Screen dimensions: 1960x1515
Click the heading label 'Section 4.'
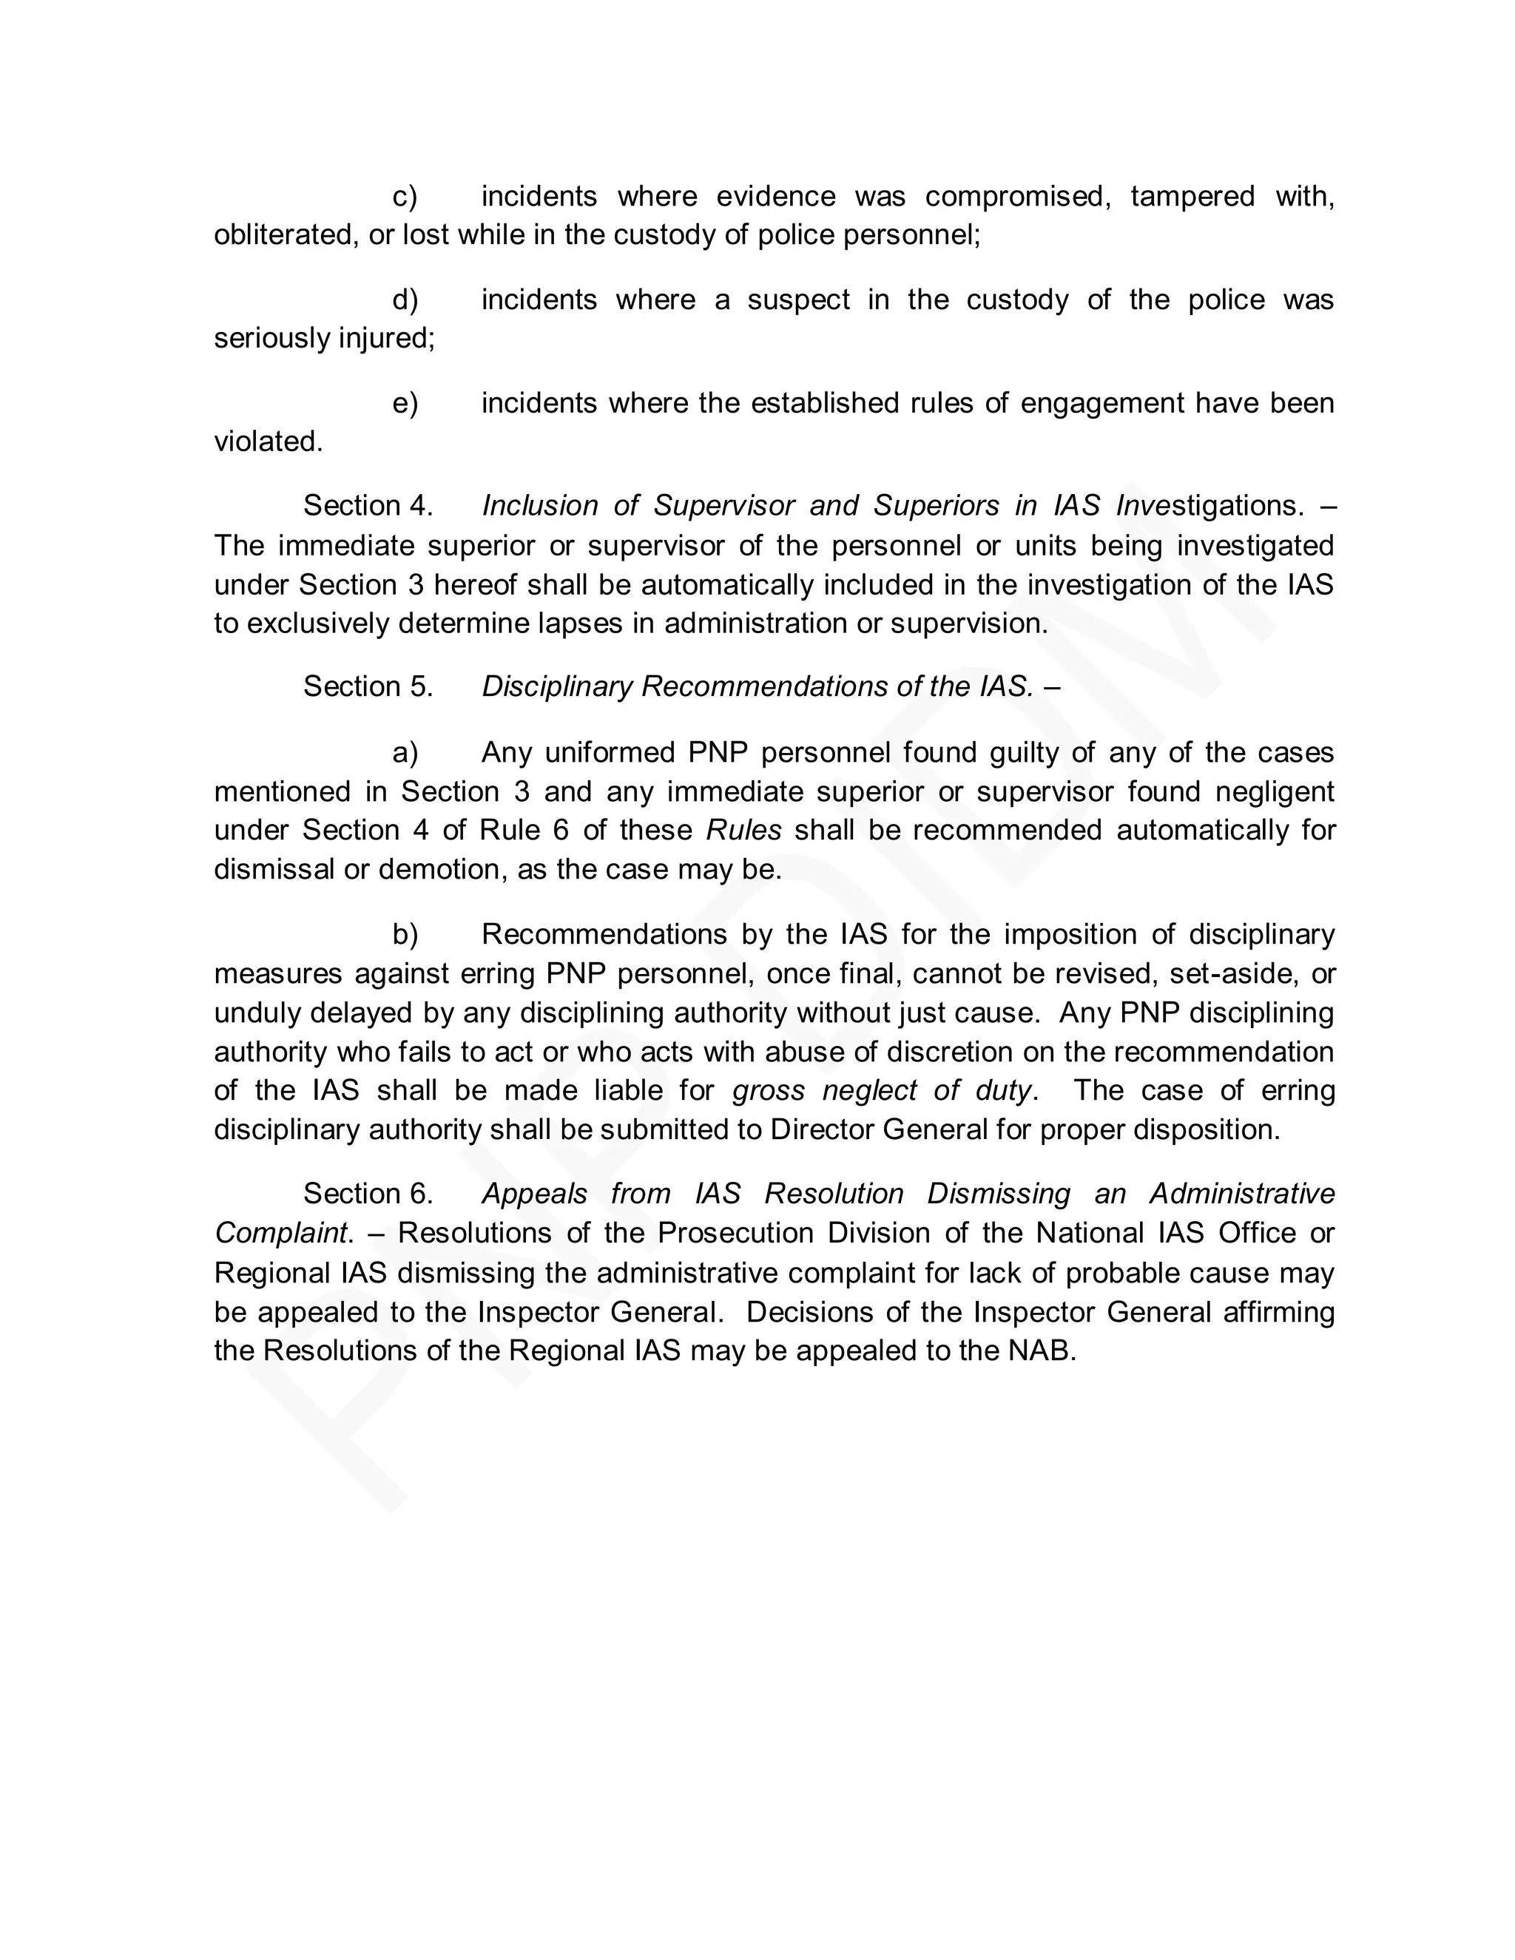(368, 506)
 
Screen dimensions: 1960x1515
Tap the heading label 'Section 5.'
(368, 686)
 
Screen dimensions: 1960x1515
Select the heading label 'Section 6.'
(368, 1194)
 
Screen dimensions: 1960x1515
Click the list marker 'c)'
(405, 197)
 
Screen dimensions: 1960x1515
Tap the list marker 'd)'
(405, 300)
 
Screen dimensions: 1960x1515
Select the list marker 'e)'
(405, 403)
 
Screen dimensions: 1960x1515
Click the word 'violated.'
(268, 442)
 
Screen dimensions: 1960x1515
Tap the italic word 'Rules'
(743, 830)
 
